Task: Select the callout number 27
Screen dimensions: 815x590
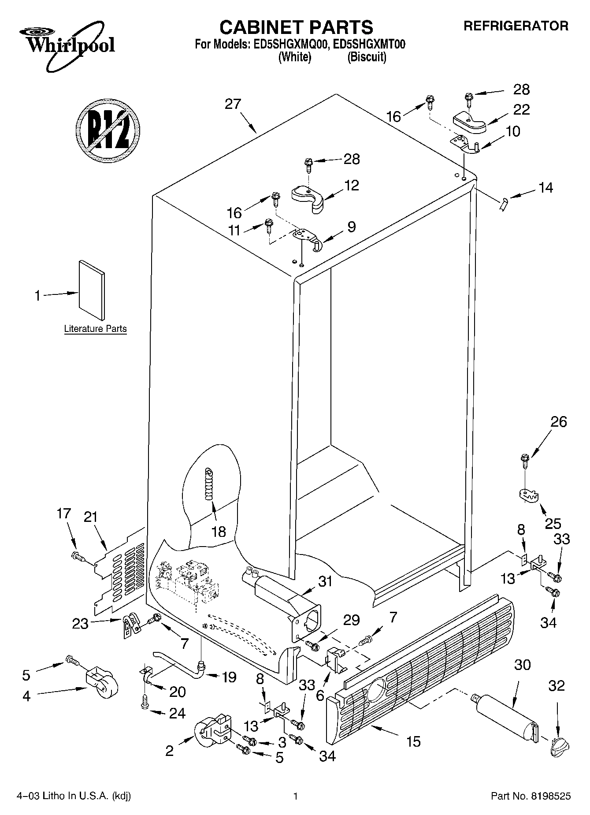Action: click(233, 104)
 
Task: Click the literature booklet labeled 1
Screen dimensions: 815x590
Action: click(92, 289)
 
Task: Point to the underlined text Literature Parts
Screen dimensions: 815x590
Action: click(95, 329)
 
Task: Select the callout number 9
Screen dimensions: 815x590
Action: click(351, 227)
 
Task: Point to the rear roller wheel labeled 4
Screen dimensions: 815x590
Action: click(101, 684)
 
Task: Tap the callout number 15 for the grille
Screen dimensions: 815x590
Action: click(413, 741)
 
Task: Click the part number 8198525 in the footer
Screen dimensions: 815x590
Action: click(551, 796)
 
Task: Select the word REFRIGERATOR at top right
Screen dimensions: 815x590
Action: click(516, 26)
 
